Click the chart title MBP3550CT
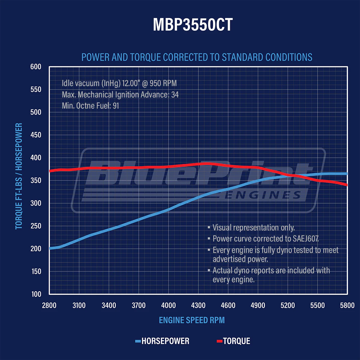click(x=193, y=25)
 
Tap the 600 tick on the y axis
click(x=36, y=67)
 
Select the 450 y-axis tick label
click(x=36, y=135)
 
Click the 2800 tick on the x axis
click(x=49, y=305)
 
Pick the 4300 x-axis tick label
click(x=198, y=305)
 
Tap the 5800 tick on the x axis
click(x=347, y=305)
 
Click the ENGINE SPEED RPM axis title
click(x=192, y=320)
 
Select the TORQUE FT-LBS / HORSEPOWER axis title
click(x=19, y=176)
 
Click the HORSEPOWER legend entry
click(x=165, y=341)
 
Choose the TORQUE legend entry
click(x=236, y=341)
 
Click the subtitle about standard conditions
click(x=197, y=57)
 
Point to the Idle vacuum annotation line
click(x=119, y=83)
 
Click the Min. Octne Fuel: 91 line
click(x=90, y=106)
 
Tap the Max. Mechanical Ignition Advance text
click(x=120, y=95)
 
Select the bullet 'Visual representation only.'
click(x=253, y=228)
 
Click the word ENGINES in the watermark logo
click(x=263, y=196)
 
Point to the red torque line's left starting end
click(x=50, y=171)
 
